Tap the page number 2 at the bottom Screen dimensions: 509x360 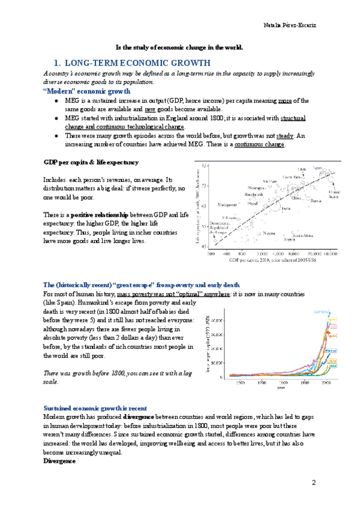pyautogui.click(x=313, y=483)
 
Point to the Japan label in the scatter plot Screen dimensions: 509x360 pyautogui.click(x=317, y=169)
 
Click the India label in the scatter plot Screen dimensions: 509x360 pyautogui.click(x=286, y=208)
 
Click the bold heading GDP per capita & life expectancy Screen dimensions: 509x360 pyautogui.click(x=91, y=162)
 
